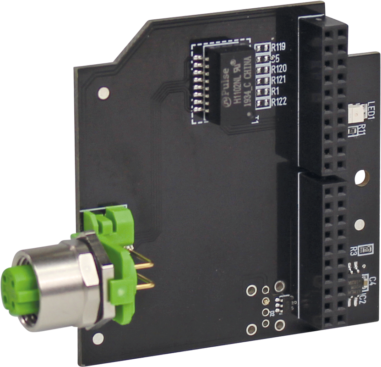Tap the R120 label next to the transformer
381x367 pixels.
click(279, 69)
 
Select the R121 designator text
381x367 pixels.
click(279, 80)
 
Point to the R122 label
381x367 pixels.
click(279, 102)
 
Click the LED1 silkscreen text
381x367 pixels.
click(371, 111)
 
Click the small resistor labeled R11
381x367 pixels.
click(352, 132)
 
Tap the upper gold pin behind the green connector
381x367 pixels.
click(144, 265)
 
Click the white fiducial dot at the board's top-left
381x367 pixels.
click(104, 93)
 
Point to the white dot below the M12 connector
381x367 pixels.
click(98, 339)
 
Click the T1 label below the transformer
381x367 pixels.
click(256, 120)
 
